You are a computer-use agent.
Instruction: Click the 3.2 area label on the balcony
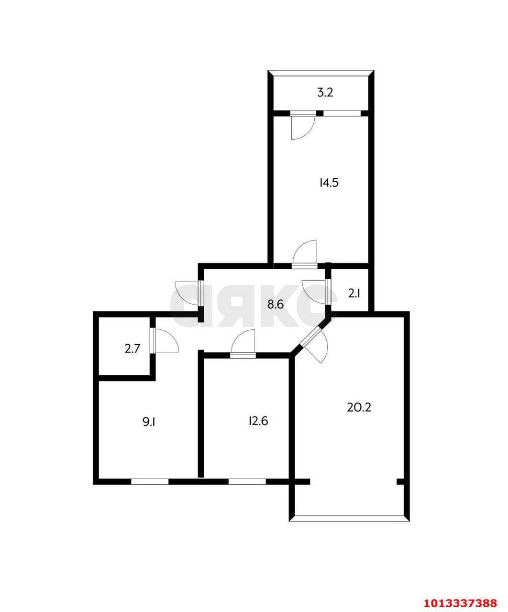(325, 93)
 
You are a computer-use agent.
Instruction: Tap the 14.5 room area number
(329, 182)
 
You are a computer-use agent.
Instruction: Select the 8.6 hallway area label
(276, 304)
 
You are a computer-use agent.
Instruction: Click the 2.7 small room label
(132, 349)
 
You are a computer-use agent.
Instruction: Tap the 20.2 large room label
(359, 407)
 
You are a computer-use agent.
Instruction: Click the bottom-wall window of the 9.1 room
(150, 481)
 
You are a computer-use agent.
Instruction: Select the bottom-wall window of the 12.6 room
(247, 481)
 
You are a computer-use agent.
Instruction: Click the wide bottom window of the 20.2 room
(350, 517)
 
